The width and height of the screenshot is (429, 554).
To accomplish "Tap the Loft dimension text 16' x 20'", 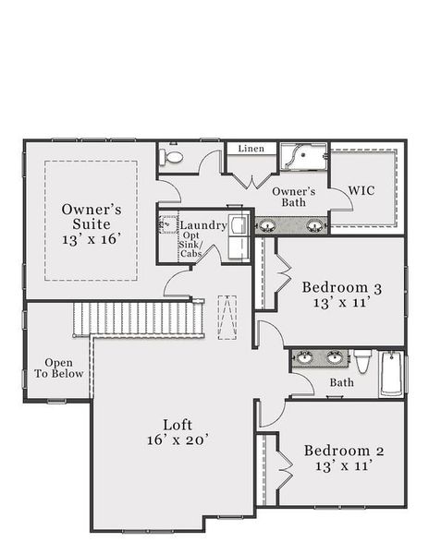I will [178, 441].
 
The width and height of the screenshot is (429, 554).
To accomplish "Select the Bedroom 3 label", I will [341, 288].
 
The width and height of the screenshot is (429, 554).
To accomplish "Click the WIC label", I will [362, 190].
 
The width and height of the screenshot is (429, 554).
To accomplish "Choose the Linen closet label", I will [251, 149].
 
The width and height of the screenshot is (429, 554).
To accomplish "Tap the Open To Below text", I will [59, 368].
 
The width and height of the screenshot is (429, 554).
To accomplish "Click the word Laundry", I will [202, 225].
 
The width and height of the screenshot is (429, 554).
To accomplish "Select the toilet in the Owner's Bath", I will [173, 157].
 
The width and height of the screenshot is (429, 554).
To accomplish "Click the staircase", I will [139, 319].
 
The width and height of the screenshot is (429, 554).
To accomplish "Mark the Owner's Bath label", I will [294, 197].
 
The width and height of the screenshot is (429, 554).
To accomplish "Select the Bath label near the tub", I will [341, 382].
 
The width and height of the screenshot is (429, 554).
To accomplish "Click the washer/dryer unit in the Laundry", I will [238, 236].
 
